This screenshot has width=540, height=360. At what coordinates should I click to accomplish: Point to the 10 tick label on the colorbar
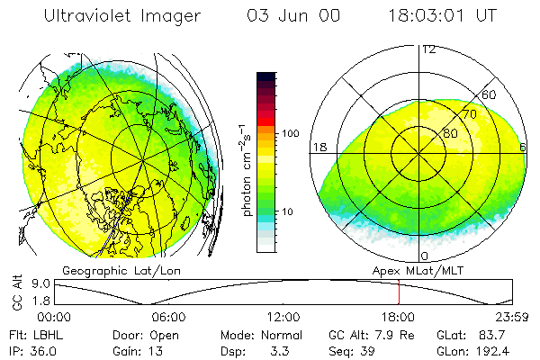click(x=289, y=211)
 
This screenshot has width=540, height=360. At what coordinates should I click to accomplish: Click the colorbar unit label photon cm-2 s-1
click(x=247, y=166)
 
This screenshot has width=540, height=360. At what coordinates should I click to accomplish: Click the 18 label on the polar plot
click(x=319, y=147)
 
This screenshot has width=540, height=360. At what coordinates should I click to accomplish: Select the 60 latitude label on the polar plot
click(x=490, y=95)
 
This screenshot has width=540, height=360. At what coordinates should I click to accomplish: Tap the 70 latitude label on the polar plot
click(x=469, y=115)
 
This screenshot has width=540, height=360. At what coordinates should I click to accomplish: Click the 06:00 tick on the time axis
click(x=168, y=317)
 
